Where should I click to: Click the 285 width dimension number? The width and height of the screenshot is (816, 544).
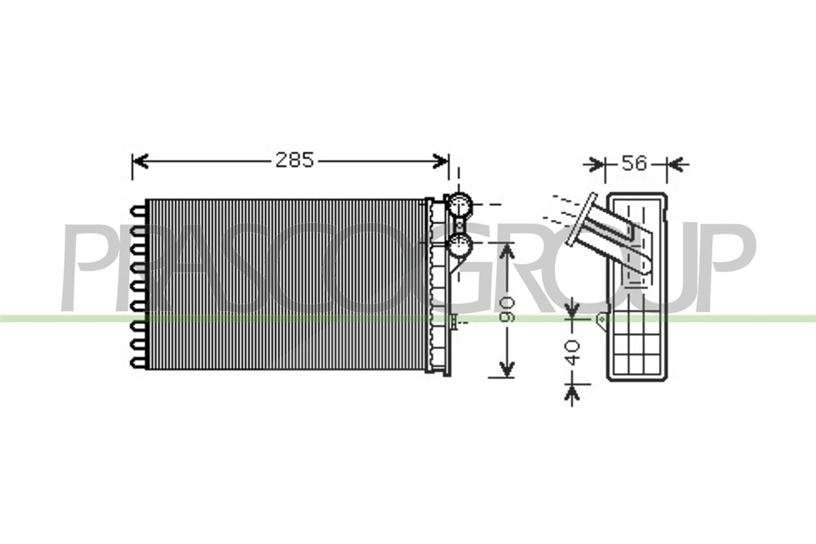[x=294, y=160]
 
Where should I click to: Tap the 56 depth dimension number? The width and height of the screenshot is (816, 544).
[x=634, y=163]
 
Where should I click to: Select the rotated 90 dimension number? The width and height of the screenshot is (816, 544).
[x=506, y=310]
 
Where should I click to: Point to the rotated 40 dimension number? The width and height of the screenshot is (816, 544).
[x=572, y=353]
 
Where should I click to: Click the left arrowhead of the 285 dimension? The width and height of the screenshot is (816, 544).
[x=140, y=161]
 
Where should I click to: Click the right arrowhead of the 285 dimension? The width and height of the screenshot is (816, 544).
[x=440, y=161]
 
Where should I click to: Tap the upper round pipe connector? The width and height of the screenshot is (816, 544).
[x=459, y=205]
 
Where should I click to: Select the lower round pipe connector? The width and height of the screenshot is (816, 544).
[x=459, y=245]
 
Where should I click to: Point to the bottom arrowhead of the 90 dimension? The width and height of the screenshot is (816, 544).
[x=506, y=369]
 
